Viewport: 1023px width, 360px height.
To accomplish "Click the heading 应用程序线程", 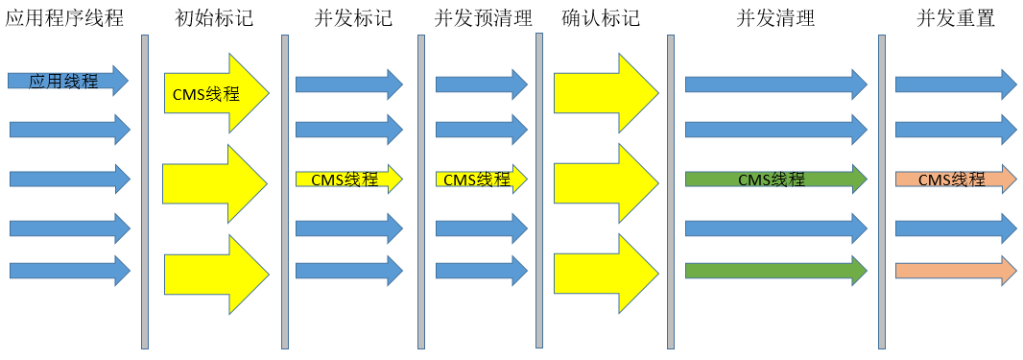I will click(x=64, y=17).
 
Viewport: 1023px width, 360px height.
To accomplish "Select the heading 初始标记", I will click(x=214, y=17).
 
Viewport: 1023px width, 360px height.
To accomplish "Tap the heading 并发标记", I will click(x=352, y=17).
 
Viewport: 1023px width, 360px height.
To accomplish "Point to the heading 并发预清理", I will click(x=483, y=17).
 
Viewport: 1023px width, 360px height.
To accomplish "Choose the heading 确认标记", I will click(x=600, y=17).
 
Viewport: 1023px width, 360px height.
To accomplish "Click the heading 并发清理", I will click(x=775, y=17).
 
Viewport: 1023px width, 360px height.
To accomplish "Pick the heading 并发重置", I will click(x=955, y=17).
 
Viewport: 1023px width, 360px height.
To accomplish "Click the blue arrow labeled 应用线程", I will click(x=67, y=82).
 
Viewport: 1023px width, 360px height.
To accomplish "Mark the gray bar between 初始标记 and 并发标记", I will click(x=285, y=192).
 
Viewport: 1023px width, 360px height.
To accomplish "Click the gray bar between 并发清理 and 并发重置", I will click(x=882, y=192).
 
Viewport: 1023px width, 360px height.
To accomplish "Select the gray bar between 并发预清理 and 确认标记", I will click(x=539, y=192).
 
